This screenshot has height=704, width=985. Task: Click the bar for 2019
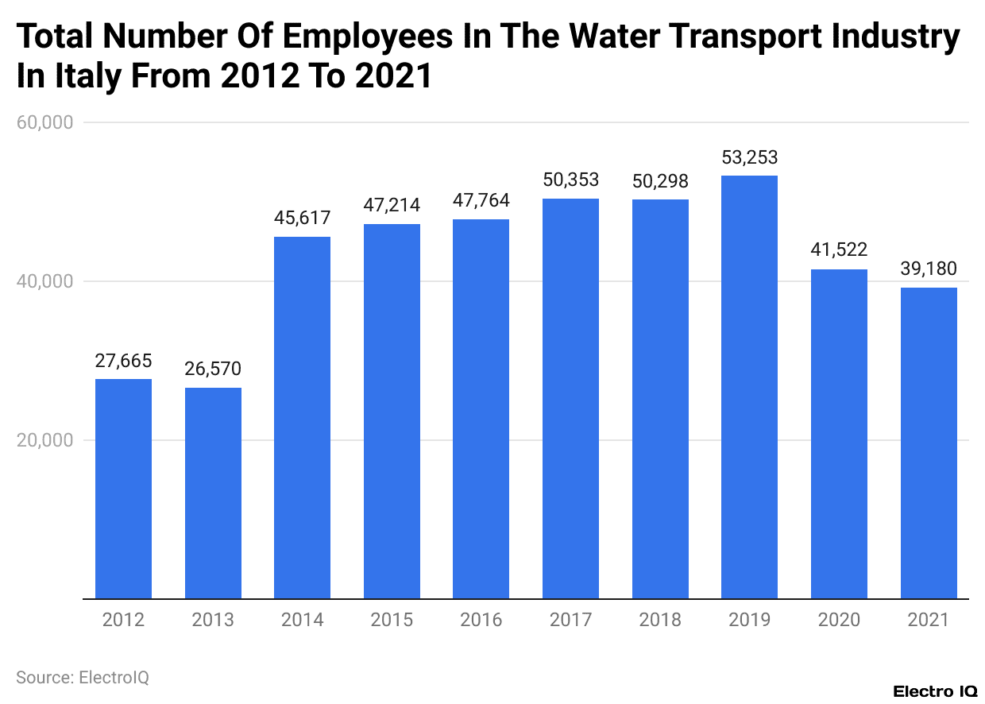[749, 387]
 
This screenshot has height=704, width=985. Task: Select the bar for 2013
[213, 493]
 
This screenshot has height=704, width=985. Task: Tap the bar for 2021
[929, 443]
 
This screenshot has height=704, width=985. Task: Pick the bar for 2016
[481, 408]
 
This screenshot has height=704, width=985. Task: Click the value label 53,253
[749, 157]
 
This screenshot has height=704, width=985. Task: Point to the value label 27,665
[123, 361]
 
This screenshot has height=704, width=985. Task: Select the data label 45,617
[302, 218]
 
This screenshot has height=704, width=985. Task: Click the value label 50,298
[660, 180]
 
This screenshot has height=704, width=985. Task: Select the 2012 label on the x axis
[123, 620]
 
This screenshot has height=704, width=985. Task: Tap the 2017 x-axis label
[570, 620]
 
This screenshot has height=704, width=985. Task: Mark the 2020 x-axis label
[839, 620]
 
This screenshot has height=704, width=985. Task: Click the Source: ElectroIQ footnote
[83, 677]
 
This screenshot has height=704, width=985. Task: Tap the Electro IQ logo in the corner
[934, 691]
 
